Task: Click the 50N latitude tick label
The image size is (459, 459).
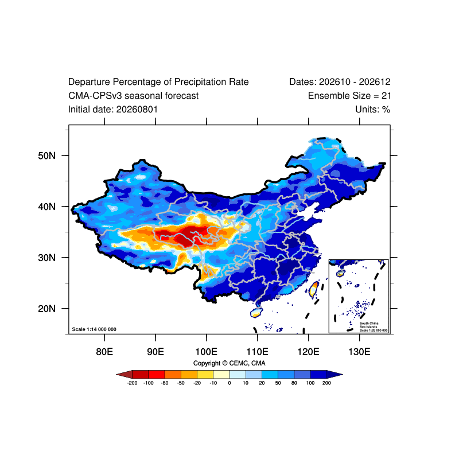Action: point(46,155)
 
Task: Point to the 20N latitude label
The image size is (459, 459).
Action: point(46,309)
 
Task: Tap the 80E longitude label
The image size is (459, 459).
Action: point(104,352)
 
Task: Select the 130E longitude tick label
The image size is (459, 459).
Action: point(359,352)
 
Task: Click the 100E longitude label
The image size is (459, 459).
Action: point(207,352)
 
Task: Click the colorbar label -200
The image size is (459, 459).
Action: point(133,383)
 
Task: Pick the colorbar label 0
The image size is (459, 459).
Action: point(229,383)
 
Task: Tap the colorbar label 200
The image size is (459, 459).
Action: point(326,383)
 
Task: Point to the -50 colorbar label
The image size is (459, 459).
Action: point(181,383)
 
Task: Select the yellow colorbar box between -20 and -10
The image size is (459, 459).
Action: point(205,375)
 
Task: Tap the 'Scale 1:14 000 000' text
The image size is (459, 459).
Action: point(94,329)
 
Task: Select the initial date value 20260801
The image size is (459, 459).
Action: point(137,110)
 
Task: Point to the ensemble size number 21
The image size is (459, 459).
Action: point(386,96)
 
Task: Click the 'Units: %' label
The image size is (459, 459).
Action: point(372,110)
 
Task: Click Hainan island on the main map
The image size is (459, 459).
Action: point(256,312)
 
